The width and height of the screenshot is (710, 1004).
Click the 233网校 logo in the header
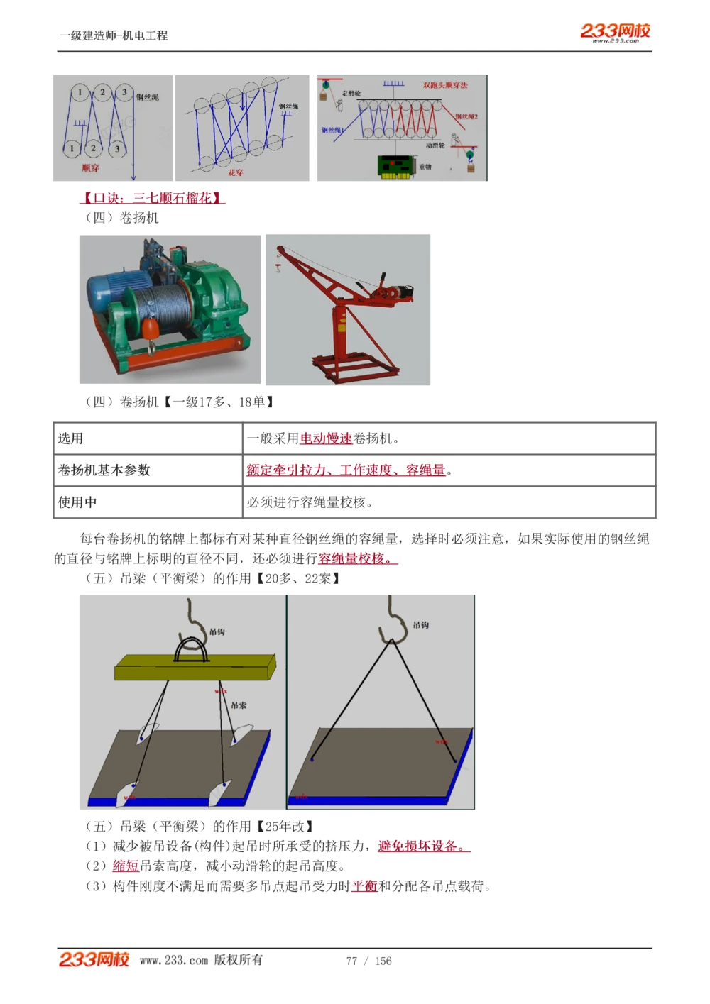(x=615, y=31)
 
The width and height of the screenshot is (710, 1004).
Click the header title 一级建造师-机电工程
(x=114, y=35)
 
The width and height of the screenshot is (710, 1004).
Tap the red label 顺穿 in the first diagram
(x=91, y=168)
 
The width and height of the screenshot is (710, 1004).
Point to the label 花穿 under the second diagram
(x=236, y=172)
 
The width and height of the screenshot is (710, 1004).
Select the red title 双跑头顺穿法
(x=445, y=85)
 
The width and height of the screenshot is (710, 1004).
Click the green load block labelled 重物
(x=395, y=166)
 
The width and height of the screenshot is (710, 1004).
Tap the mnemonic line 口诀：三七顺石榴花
(x=152, y=198)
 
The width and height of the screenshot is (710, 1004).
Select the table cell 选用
(x=71, y=438)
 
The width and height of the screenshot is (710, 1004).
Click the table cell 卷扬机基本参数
(x=104, y=470)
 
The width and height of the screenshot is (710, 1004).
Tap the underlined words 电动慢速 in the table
(x=326, y=438)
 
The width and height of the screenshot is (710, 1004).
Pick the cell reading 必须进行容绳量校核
(x=310, y=502)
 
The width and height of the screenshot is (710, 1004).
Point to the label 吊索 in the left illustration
(x=239, y=705)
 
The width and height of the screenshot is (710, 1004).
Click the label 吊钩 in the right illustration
(x=420, y=625)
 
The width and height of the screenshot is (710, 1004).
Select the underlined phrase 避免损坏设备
(x=423, y=846)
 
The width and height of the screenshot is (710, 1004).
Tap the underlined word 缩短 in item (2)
(x=126, y=866)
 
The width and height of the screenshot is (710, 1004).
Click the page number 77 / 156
(x=368, y=961)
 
